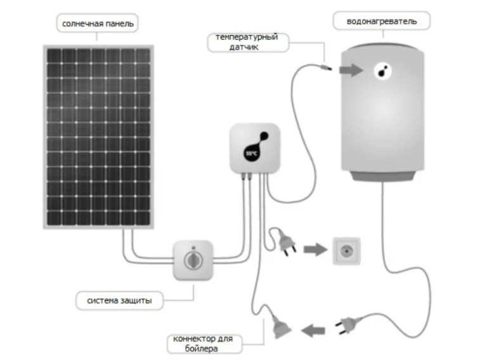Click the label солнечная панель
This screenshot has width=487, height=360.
pos(98,23)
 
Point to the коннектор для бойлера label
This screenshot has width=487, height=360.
pos(202,344)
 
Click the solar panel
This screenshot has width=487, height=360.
pos(98,136)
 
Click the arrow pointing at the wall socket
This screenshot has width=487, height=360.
pos(314,250)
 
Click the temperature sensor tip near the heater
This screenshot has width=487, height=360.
pos(326,65)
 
